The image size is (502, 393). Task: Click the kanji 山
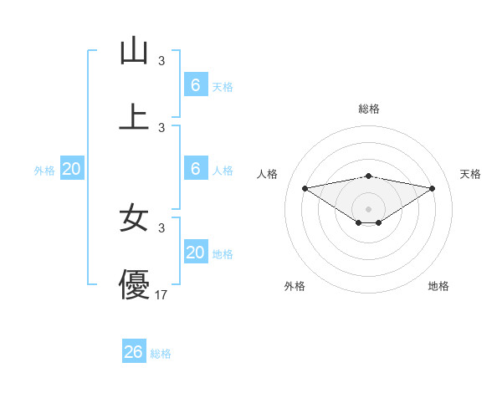coord(134,51)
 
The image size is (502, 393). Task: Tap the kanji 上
coord(134,116)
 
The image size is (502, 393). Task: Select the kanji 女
coord(134,217)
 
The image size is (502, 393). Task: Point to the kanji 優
coord(134,284)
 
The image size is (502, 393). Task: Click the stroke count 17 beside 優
coord(161,294)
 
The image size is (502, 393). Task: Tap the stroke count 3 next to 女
coord(161,227)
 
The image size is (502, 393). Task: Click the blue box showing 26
coord(134,352)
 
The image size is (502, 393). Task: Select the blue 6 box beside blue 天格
coord(195,84)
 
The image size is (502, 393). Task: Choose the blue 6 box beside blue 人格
coord(195,168)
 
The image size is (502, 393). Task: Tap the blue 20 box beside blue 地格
coord(195,252)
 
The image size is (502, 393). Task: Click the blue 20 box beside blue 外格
coord(72,169)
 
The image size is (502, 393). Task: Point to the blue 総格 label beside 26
coord(161,354)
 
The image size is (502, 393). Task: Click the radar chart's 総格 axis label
coord(368,109)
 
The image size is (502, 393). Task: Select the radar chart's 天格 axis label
coord(470,174)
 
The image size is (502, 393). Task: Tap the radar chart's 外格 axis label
coord(295,286)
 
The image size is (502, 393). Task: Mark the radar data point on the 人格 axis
coord(305,188)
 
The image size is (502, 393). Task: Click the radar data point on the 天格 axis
coord(433,188)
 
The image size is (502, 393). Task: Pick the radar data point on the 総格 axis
coord(368,176)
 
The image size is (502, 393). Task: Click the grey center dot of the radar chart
coord(368,209)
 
